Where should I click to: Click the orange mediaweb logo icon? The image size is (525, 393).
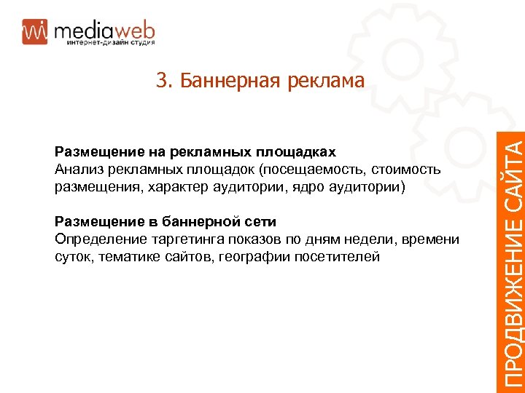coord(35,31)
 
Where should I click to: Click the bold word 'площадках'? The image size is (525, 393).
coord(297,152)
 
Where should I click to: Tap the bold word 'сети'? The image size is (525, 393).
coord(261,222)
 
